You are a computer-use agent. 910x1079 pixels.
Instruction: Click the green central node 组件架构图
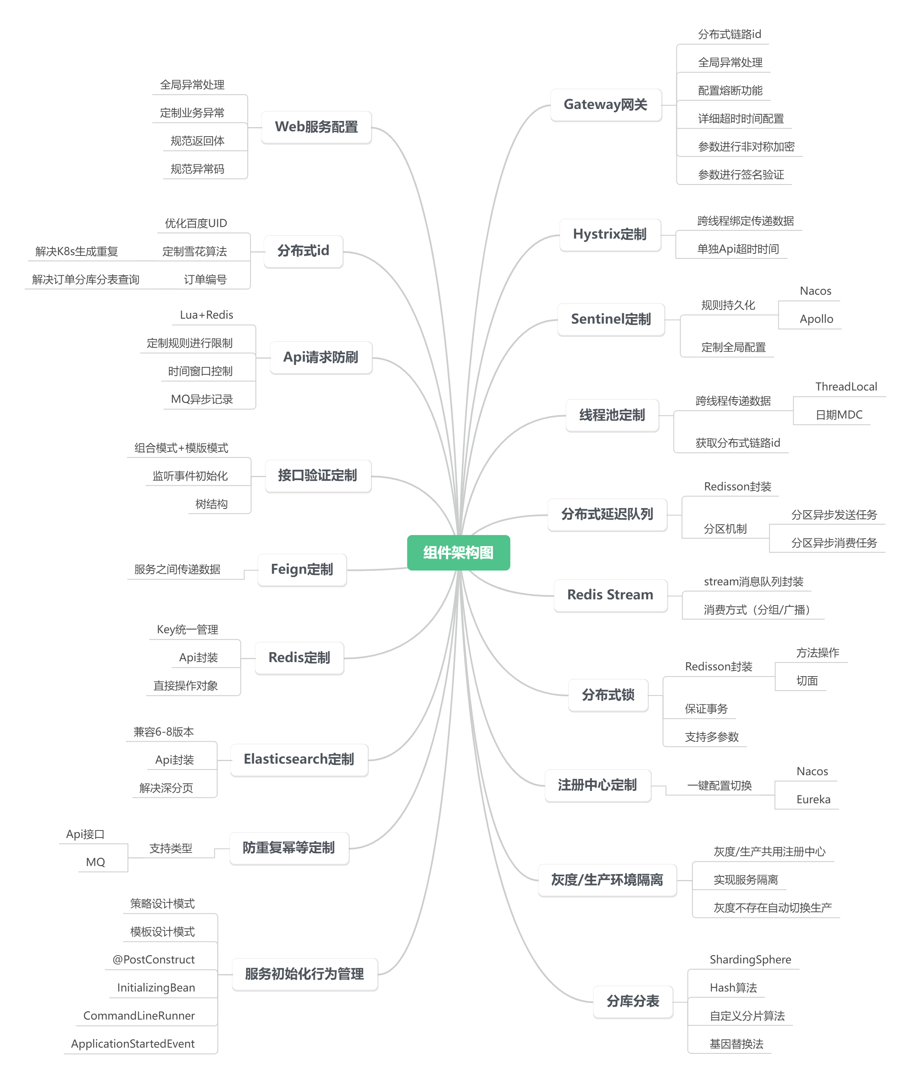[x=458, y=553]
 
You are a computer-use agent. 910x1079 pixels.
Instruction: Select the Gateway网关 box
[x=605, y=105]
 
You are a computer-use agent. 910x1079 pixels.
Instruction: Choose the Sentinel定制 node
[x=610, y=319]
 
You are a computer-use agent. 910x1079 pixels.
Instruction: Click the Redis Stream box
[x=610, y=595]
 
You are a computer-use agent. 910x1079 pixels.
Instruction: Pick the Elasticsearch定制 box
[x=299, y=759]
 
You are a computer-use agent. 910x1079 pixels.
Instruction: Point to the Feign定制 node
[x=302, y=569]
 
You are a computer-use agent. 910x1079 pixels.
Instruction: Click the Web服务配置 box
[x=316, y=127]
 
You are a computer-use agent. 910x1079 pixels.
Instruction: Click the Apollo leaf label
[x=816, y=319]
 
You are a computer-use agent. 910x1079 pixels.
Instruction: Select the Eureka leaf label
[x=813, y=799]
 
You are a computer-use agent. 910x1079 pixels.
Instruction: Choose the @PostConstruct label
[x=154, y=960]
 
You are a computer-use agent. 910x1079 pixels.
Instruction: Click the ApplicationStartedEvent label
[x=132, y=1044]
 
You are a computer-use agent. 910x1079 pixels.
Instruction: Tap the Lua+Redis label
[x=206, y=315]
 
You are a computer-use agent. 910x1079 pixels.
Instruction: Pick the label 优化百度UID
[x=196, y=223]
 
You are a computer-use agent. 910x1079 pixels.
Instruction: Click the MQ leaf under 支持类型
[x=95, y=862]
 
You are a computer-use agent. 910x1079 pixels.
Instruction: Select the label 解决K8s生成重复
[x=76, y=251]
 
